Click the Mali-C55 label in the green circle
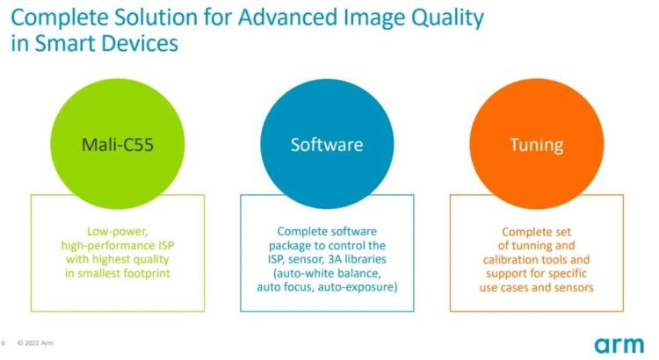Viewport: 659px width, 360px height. coord(117,145)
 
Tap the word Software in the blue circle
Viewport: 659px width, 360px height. coord(327,145)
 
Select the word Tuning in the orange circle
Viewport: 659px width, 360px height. coord(537,146)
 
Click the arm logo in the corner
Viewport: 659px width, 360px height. coord(619,345)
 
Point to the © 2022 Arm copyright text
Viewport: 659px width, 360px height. coord(35,343)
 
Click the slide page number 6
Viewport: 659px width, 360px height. coord(4,343)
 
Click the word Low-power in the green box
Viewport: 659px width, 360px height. coord(117,232)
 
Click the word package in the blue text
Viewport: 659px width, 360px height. coord(290,246)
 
